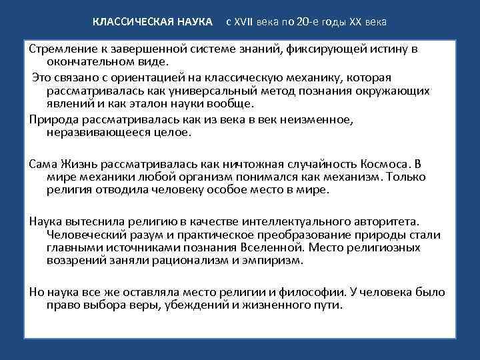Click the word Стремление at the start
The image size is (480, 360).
[x=59, y=49]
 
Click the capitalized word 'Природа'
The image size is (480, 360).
[x=51, y=119]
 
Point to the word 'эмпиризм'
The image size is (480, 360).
[x=275, y=260]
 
